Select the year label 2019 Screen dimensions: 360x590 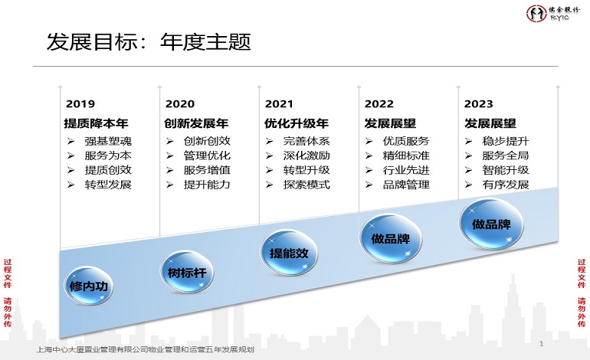[80, 103]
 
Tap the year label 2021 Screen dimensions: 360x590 [279, 103]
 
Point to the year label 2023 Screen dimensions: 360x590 [478, 103]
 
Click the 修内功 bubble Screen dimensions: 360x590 [87, 286]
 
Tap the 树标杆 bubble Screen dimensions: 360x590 [187, 270]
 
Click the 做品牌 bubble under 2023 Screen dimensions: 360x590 [490, 223]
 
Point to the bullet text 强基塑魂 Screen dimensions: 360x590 [108, 141]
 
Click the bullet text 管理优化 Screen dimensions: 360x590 [207, 155]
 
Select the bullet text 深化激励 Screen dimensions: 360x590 [306, 155]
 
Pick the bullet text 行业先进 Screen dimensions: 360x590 [406, 170]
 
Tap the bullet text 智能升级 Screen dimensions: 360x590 [506, 170]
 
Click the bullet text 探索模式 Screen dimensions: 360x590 [306, 185]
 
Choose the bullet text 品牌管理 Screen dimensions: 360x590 [406, 185]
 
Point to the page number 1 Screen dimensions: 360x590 [541, 344]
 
